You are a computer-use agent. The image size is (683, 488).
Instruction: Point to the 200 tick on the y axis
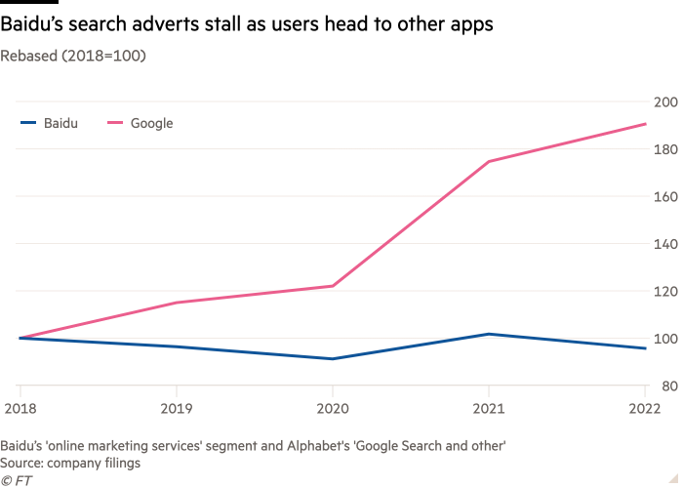pyautogui.click(x=664, y=102)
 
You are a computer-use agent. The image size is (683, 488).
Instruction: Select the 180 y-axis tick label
pyautogui.click(x=664, y=149)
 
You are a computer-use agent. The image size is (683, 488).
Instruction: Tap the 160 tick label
pyautogui.click(x=664, y=196)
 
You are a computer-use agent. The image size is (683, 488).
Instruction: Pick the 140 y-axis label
pyautogui.click(x=664, y=244)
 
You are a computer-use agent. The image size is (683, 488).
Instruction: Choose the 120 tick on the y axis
pyautogui.click(x=664, y=292)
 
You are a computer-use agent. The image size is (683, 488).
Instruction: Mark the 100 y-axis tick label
pyautogui.click(x=664, y=339)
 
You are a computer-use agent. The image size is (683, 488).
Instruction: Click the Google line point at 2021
pyautogui.click(x=489, y=161)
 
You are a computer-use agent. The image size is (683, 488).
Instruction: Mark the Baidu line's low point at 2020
pyautogui.click(x=332, y=359)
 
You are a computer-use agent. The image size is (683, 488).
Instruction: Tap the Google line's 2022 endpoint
pyautogui.click(x=646, y=124)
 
